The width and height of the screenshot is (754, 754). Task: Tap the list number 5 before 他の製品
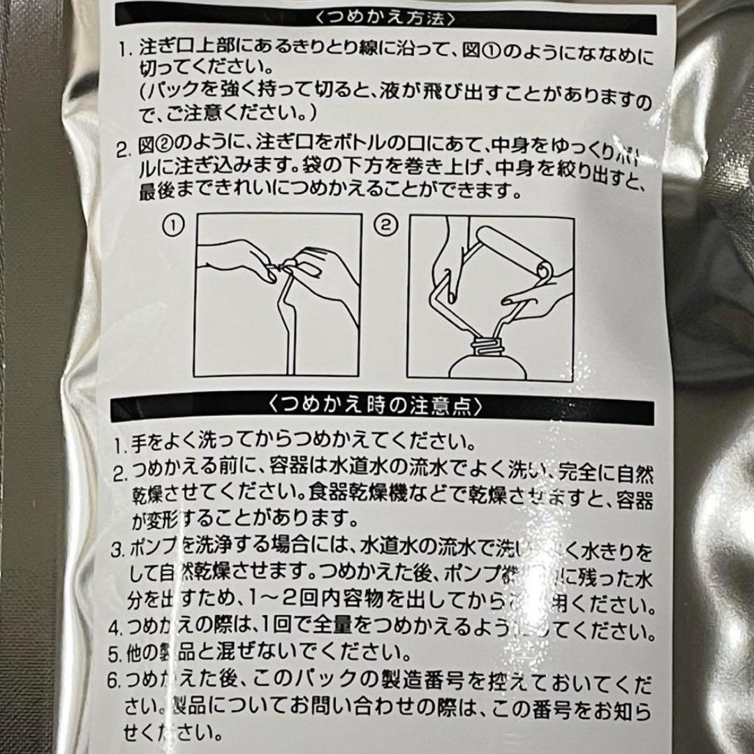[x=117, y=655]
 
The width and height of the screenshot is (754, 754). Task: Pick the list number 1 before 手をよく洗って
[x=119, y=443]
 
